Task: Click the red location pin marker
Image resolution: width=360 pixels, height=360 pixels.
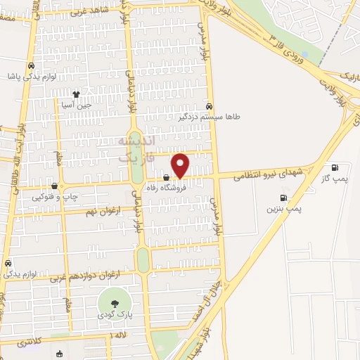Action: click(181, 166)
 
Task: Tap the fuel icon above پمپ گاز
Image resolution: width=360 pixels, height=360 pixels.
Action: click(335, 167)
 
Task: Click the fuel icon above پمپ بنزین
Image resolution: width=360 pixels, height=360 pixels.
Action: click(283, 198)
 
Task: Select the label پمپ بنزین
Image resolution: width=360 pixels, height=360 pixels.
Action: click(283, 210)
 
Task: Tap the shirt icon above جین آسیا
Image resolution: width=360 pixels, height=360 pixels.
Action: click(76, 94)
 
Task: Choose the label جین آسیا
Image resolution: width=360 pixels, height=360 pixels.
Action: click(76, 105)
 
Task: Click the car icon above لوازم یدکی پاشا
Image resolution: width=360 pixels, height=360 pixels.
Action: click(30, 66)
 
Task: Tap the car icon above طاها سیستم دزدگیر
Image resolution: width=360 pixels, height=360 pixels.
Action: click(209, 106)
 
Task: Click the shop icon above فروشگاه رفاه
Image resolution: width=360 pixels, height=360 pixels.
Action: click(165, 177)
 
